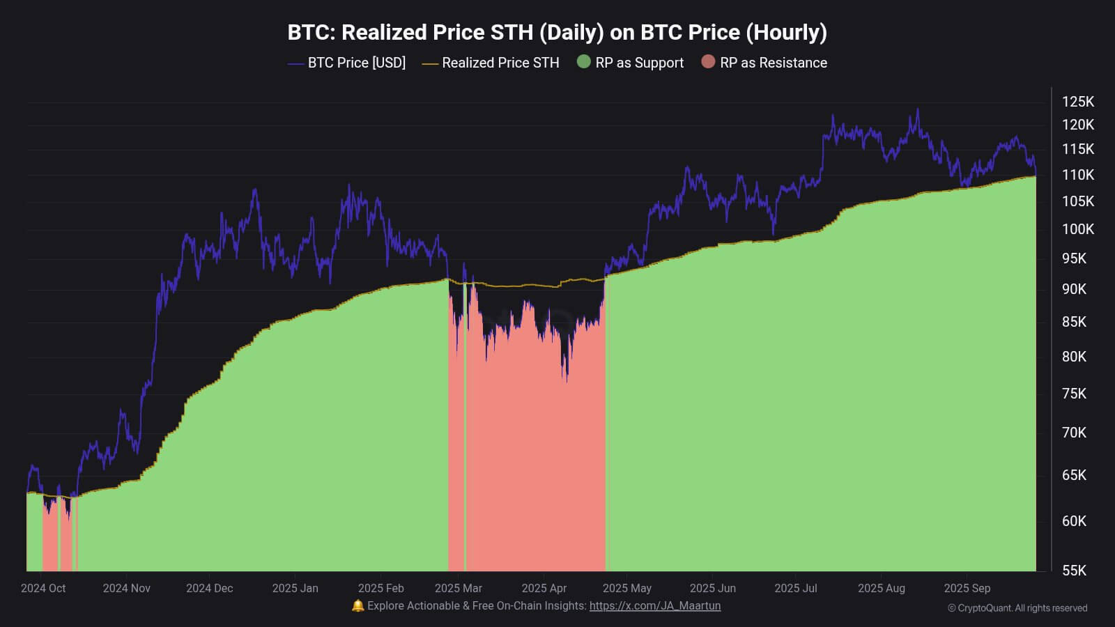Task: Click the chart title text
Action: pyautogui.click(x=557, y=32)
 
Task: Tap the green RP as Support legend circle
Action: pyautogui.click(x=584, y=62)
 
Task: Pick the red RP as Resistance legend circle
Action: pyautogui.click(x=708, y=62)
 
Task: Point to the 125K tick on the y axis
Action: pyautogui.click(x=1077, y=102)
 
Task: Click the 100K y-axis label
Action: pyautogui.click(x=1077, y=229)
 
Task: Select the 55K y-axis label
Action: pyautogui.click(x=1074, y=571)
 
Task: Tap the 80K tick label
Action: pyautogui.click(x=1074, y=357)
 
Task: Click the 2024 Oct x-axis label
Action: pyautogui.click(x=43, y=588)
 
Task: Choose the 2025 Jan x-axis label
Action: pyautogui.click(x=295, y=588)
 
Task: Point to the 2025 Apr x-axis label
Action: pyautogui.click(x=544, y=588)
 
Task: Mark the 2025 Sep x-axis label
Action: pyautogui.click(x=967, y=588)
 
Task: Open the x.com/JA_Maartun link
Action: pyautogui.click(x=654, y=606)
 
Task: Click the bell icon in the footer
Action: pyautogui.click(x=357, y=606)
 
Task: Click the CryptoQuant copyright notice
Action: pyautogui.click(x=1017, y=608)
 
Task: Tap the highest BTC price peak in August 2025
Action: pyautogui.click(x=917, y=109)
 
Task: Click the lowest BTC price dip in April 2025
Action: pyautogui.click(x=567, y=380)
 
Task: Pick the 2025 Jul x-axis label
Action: pyautogui.click(x=795, y=588)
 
